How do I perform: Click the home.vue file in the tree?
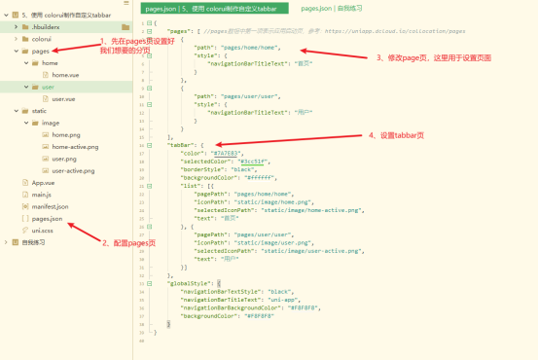(x=65, y=75)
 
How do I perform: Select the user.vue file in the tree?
(x=64, y=99)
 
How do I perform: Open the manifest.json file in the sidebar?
(x=50, y=206)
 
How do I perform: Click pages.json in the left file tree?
(x=48, y=219)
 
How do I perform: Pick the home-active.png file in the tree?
(x=73, y=147)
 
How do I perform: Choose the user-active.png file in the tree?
(x=72, y=170)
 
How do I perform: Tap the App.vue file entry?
(x=44, y=182)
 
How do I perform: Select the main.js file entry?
(x=41, y=195)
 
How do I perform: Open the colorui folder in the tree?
(x=43, y=39)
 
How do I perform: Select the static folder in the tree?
(x=39, y=111)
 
